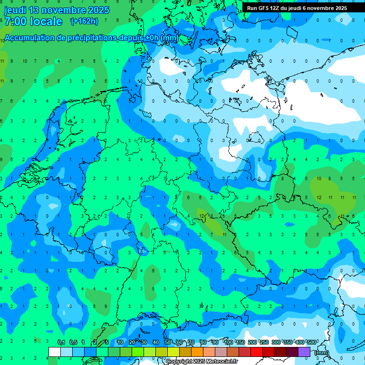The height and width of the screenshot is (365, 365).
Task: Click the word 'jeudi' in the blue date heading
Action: click(x=15, y=10)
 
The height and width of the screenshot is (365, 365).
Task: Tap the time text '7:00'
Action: click(x=16, y=21)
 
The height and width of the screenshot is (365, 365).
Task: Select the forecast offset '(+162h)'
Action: click(x=84, y=21)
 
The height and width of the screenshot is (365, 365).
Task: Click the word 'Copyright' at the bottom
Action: click(x=179, y=362)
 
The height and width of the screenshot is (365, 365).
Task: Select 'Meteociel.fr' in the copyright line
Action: click(x=222, y=362)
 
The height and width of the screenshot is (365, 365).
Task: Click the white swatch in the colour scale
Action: click(x=54, y=352)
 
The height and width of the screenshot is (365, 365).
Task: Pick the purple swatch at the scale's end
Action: click(x=304, y=352)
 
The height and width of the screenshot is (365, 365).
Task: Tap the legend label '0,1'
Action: click(x=61, y=342)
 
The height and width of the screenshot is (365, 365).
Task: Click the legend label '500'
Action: click(x=312, y=342)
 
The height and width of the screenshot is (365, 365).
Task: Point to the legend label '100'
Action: click(x=229, y=342)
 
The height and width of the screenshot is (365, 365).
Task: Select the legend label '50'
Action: click(x=168, y=342)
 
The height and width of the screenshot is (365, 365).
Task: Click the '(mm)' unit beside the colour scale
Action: click(x=322, y=353)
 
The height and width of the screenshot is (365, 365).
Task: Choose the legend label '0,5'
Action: click(x=73, y=342)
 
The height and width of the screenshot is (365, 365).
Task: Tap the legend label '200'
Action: click(x=252, y=342)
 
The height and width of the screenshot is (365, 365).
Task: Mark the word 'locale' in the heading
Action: click(x=46, y=21)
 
